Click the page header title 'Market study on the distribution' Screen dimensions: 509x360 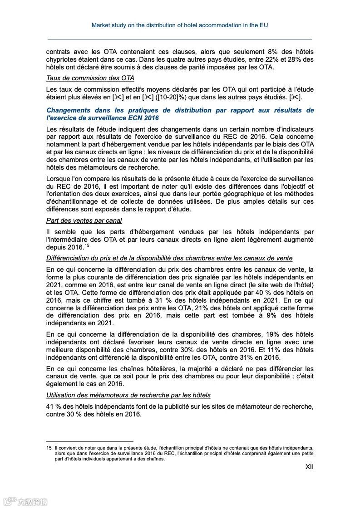click(179, 25)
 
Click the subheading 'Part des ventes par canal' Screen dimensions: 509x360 click(84, 220)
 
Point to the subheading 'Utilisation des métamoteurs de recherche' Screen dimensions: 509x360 click(128, 395)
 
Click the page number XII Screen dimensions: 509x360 click(309, 466)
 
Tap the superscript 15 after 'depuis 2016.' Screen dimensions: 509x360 click(87, 245)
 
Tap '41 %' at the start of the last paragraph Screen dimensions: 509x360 click(54, 406)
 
